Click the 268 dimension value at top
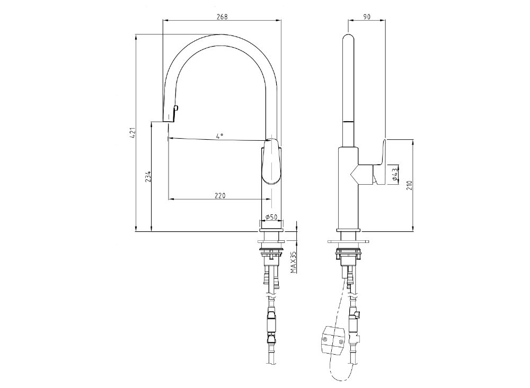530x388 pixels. tap(222, 16)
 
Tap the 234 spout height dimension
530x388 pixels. tap(148, 176)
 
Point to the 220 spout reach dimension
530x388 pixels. tap(220, 195)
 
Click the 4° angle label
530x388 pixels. tap(219, 136)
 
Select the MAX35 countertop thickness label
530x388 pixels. tap(293, 261)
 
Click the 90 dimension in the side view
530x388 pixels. tap(366, 16)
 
